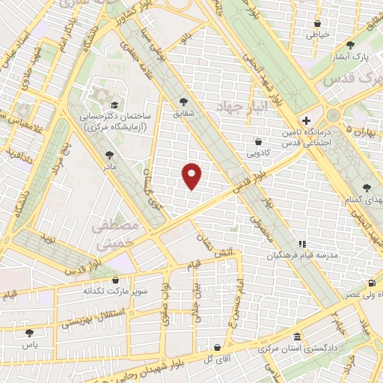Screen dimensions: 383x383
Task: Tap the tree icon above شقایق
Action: [x=184, y=103]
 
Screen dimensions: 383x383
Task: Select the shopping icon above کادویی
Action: [x=258, y=141]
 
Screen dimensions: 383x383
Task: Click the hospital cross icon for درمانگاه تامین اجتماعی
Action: [x=305, y=120]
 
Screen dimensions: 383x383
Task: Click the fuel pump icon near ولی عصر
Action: [x=371, y=284]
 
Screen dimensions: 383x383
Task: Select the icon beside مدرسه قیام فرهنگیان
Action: [x=302, y=244]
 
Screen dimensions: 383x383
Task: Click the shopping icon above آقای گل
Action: [x=216, y=348]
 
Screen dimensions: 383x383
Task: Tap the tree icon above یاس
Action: [x=29, y=333]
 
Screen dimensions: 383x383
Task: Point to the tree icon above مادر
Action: [x=110, y=156]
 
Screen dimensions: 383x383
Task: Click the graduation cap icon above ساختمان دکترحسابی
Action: [x=114, y=105]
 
